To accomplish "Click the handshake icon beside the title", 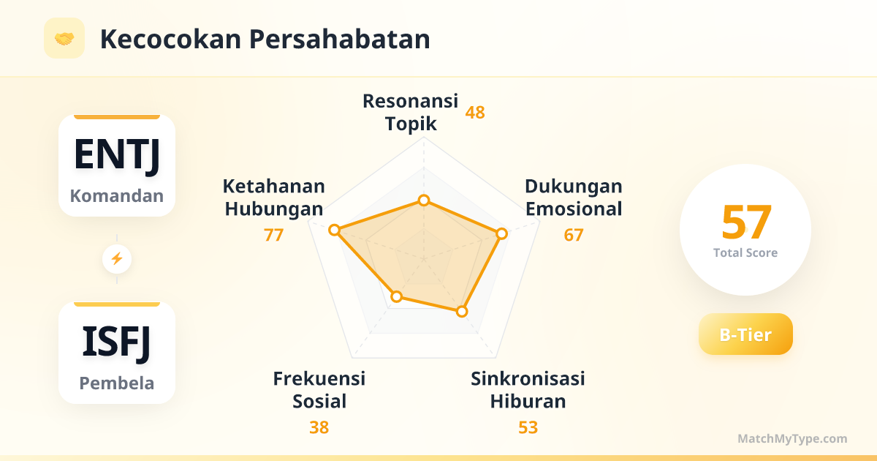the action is pos(64,38).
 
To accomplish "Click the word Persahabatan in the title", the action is pos(339,40).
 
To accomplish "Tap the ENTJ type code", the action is pos(117,155).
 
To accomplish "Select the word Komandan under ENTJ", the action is pos(117,195).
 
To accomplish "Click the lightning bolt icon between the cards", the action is pos(117,259).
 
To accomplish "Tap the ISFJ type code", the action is pos(117,342).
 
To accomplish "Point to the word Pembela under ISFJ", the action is pos(117,383).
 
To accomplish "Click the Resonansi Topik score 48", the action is pos(475,113).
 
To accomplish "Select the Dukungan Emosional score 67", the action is pos(574,235).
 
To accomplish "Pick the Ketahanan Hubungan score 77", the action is pos(273,235).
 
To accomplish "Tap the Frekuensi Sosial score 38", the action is pos(319,427).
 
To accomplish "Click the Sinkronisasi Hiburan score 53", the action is pos(528,427).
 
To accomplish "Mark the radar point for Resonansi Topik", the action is pos(424,200).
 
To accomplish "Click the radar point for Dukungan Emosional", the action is pos(501,234).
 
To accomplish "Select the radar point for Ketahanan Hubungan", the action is pos(335,230).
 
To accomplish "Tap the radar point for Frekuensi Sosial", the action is pos(397,296).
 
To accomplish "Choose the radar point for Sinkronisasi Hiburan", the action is pos(462,312).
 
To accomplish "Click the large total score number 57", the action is pos(746,222).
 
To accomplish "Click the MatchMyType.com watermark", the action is pos(792,438).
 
